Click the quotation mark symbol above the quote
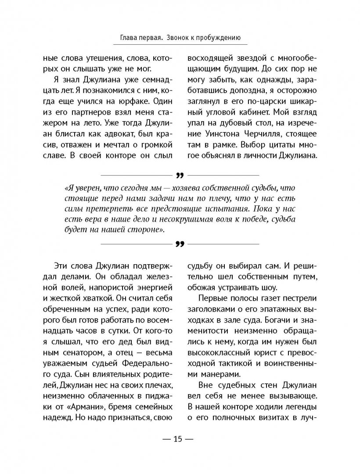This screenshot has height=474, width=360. [x=179, y=176]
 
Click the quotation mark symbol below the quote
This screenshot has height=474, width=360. [x=179, y=244]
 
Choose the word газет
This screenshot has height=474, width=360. [x=266, y=304]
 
